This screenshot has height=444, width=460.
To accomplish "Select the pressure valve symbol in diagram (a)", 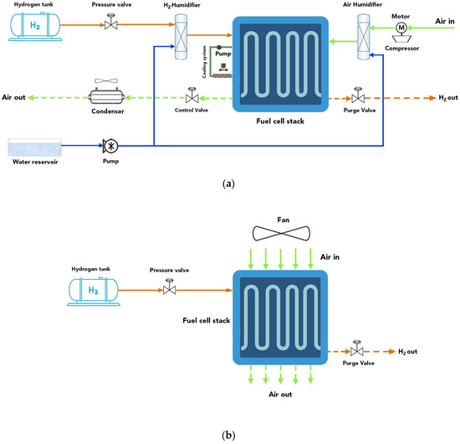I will click(x=109, y=25).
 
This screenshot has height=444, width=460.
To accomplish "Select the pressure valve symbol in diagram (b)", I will click(x=170, y=289).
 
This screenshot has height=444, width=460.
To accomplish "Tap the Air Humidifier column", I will click(x=362, y=38).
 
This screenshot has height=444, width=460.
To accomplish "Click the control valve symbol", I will click(x=192, y=97).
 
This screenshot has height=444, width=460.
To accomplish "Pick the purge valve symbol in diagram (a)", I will click(x=357, y=97).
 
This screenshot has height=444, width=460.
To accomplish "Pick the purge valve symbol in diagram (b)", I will click(x=357, y=349).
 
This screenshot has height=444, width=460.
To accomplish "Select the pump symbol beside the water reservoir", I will click(x=109, y=145).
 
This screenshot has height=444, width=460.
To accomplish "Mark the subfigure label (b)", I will click(x=230, y=435).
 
